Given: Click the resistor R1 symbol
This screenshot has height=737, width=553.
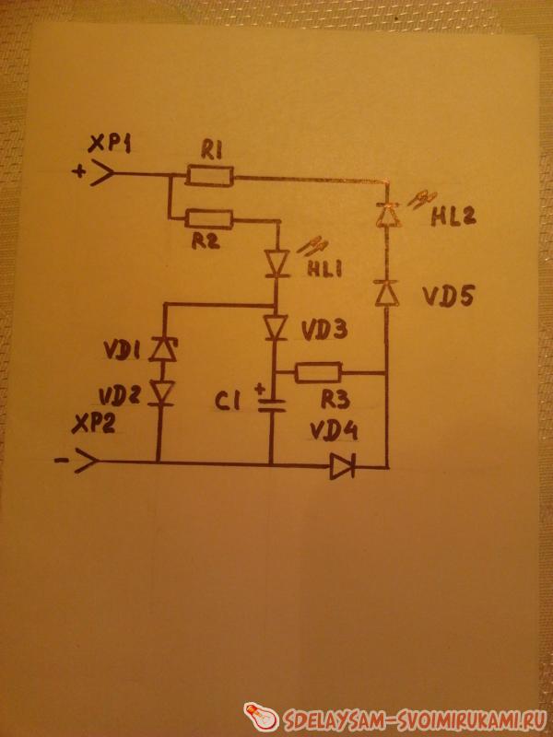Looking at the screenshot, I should (210, 175).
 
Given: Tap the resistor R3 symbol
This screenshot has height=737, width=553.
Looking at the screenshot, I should (319, 372).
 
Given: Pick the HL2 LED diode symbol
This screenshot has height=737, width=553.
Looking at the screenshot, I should (387, 215).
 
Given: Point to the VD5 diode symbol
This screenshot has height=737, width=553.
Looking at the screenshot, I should (387, 293).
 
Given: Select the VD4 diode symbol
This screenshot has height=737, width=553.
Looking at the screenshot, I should (343, 468).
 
